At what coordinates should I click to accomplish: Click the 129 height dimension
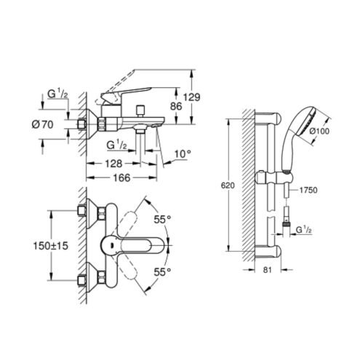[191, 97]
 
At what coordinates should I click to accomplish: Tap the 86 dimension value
[176, 106]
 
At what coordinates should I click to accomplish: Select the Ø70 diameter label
[42, 124]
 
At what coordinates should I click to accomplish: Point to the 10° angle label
[183, 153]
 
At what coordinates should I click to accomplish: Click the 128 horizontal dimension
[113, 164]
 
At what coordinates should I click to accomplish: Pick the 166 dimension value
[122, 178]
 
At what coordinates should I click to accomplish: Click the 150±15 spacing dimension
[51, 246]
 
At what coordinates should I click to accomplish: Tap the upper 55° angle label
[162, 220]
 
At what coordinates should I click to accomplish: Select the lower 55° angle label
[162, 272]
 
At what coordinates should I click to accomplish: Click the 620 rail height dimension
[228, 185]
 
